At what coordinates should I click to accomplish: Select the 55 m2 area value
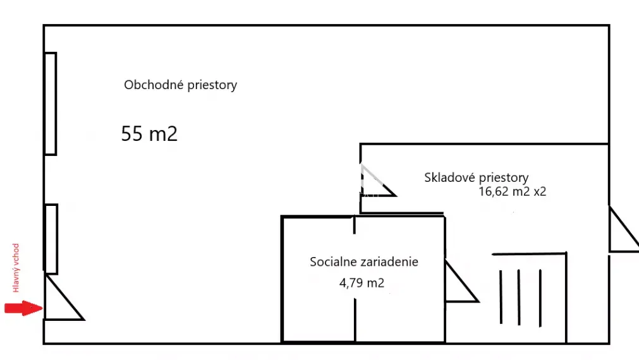(x=149, y=134)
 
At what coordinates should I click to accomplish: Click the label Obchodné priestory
(x=180, y=85)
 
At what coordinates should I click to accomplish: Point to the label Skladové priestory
(x=476, y=177)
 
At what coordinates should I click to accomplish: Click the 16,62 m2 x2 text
(x=513, y=191)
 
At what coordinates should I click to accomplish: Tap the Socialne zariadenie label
(x=363, y=261)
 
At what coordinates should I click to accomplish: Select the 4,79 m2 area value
(x=362, y=283)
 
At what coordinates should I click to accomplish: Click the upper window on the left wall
(x=51, y=104)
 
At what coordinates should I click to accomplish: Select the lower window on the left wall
(x=51, y=239)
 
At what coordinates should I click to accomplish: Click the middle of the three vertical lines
(x=520, y=297)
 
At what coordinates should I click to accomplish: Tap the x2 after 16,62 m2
(x=540, y=191)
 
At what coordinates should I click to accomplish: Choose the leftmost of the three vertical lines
(x=501, y=297)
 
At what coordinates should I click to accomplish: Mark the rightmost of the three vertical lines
(x=540, y=297)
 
